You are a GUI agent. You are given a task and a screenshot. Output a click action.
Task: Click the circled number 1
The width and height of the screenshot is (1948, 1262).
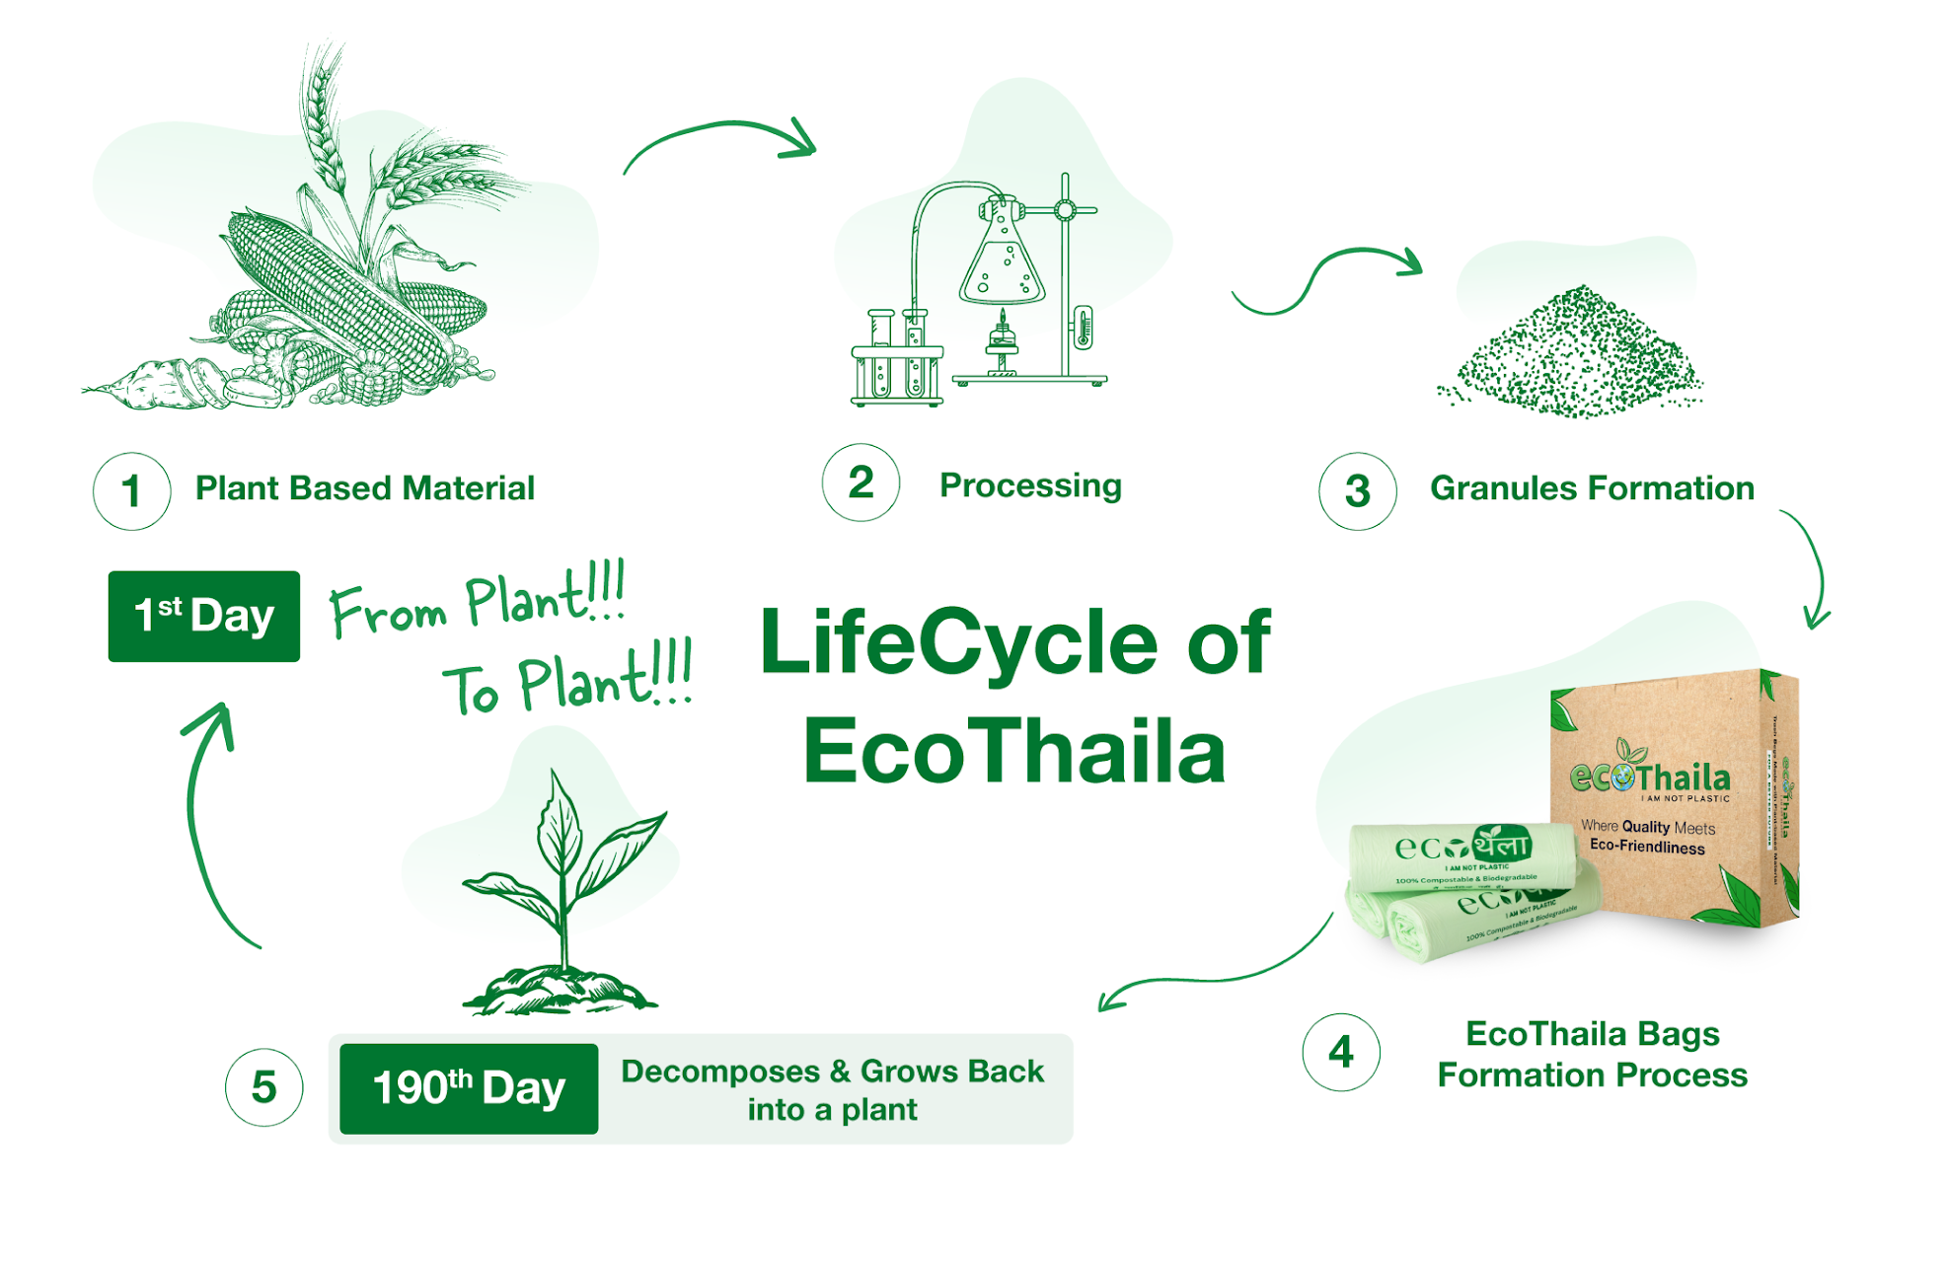(131, 490)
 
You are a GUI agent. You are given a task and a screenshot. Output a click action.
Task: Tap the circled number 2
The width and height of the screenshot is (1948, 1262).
(861, 483)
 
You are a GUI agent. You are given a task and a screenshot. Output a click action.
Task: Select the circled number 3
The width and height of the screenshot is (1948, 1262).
(1357, 490)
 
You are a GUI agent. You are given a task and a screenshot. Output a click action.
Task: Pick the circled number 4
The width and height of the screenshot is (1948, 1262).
(1340, 1052)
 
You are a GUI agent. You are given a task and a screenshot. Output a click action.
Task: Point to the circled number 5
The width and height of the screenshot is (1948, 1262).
(263, 1087)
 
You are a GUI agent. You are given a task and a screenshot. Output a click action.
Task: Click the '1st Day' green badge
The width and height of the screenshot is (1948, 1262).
(204, 616)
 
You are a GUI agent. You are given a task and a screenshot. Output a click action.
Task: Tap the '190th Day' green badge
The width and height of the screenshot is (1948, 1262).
(469, 1088)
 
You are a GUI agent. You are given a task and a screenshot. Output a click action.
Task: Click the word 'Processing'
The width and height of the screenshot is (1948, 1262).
(1030, 485)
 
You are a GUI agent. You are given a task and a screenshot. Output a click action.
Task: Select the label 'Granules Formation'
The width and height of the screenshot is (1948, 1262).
(1592, 488)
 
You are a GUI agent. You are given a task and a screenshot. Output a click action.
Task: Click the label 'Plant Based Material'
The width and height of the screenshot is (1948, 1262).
(364, 488)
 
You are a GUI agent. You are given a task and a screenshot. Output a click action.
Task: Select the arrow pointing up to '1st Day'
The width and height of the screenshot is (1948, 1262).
(205, 819)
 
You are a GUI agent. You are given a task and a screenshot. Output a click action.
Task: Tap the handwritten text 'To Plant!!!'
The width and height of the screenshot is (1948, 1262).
(566, 681)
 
